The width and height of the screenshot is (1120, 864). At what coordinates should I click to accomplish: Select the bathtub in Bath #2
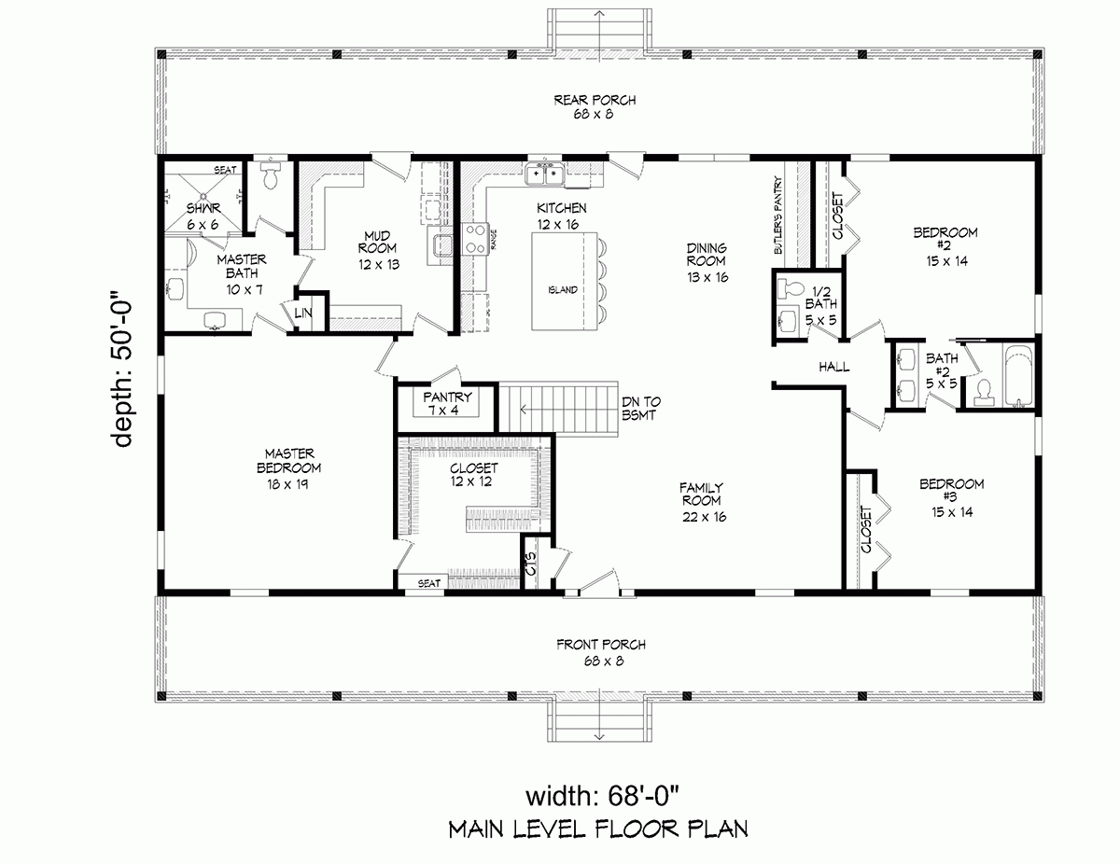[1018, 378]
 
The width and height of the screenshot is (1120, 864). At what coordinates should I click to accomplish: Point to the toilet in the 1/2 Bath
[790, 286]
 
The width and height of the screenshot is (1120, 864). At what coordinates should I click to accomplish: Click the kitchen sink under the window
[543, 174]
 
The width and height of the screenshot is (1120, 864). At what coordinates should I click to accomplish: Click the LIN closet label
[303, 314]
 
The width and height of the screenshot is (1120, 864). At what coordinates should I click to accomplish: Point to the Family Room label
[703, 502]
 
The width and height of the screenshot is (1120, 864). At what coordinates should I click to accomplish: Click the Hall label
[833, 367]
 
